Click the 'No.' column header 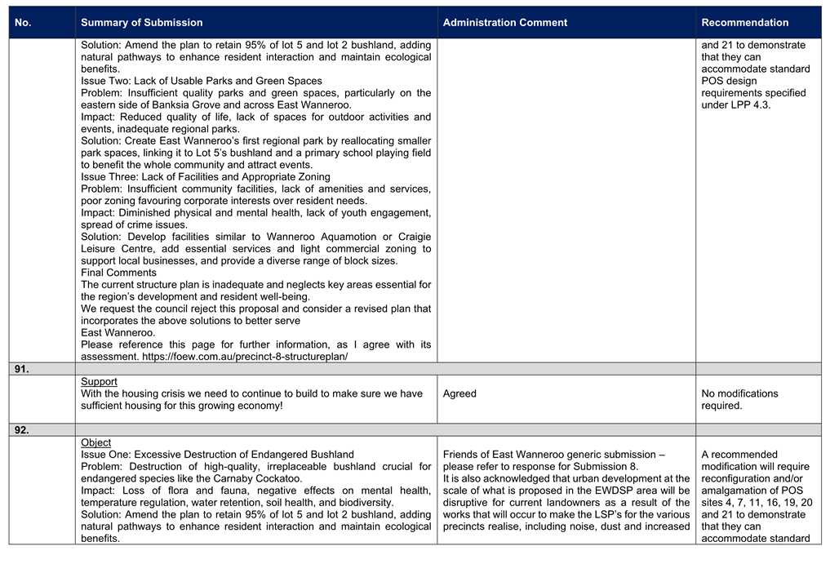(x=23, y=23)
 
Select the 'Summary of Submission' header (x=142, y=23)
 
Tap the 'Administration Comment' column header (x=504, y=23)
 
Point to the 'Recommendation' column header (x=744, y=23)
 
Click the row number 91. (x=21, y=369)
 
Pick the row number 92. (x=21, y=430)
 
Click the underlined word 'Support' (x=99, y=382)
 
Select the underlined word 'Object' (x=95, y=442)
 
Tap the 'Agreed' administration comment (x=459, y=393)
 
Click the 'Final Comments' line (x=118, y=273)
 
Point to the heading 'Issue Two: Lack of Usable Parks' (x=201, y=81)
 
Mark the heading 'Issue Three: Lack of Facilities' (x=205, y=177)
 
